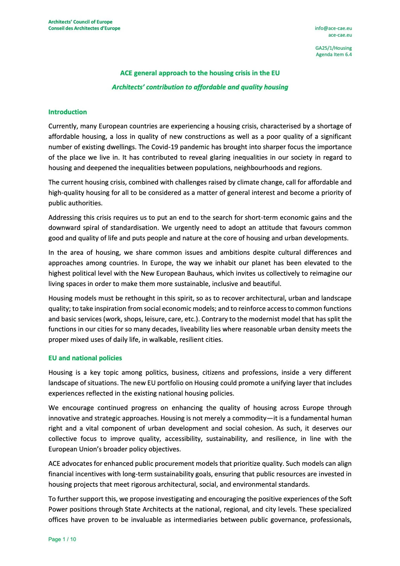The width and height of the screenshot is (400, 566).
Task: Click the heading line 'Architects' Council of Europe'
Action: coord(80,22)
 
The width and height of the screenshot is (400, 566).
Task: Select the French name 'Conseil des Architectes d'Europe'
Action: coord(84,28)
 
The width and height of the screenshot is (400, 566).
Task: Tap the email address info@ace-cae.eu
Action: coord(333,28)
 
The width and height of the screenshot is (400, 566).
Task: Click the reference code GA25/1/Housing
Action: coord(333,48)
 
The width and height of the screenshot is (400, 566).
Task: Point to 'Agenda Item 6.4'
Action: coord(333,54)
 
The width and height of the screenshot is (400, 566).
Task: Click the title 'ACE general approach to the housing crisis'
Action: coord(200,73)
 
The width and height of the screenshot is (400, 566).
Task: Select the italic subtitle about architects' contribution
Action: coord(200,87)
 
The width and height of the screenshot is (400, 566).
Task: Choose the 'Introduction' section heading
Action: coord(68,112)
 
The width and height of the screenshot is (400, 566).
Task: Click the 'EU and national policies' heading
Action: coord(85,358)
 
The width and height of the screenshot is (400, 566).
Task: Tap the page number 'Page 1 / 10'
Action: coord(62,539)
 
